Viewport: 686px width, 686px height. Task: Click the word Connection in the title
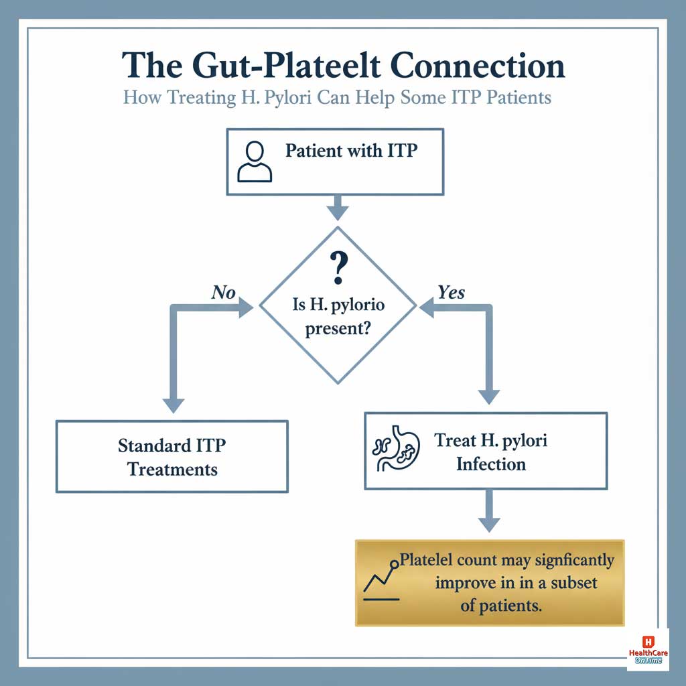pos(478,66)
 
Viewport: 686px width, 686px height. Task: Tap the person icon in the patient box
pos(255,162)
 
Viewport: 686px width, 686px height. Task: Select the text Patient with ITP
pos(351,150)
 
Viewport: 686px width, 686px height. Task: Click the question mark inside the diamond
pos(339,267)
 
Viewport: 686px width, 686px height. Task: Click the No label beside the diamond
pos(224,292)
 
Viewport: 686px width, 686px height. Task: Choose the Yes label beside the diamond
pos(451,292)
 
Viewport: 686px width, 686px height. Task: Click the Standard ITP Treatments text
pos(172,457)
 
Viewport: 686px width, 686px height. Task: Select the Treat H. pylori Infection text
pos(490,452)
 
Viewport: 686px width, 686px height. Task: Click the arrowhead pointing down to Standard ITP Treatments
pos(174,405)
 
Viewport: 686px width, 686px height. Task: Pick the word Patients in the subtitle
pos(519,97)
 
